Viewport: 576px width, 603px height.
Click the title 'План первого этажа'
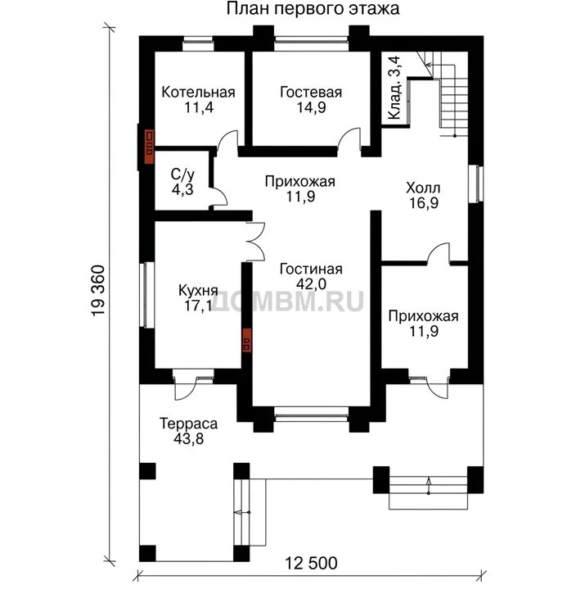(313, 8)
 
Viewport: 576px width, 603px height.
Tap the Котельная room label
(198, 93)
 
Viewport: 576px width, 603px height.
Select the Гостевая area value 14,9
(311, 107)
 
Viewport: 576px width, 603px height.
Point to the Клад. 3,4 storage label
(394, 88)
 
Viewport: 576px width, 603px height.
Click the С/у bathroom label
(182, 175)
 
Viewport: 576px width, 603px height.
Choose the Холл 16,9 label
(424, 195)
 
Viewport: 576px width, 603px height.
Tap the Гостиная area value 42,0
(311, 284)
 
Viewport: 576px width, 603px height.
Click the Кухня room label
(198, 290)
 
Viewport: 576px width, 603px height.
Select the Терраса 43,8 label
(188, 431)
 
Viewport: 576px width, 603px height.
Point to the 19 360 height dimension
(98, 291)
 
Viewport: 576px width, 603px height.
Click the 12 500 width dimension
(311, 564)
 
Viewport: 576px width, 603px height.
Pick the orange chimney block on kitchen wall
(246, 340)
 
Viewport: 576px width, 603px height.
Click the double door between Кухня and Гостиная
(255, 242)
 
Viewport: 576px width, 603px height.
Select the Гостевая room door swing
(349, 138)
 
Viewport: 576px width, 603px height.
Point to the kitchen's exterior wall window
(146, 295)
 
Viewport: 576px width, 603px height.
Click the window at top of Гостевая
(312, 43)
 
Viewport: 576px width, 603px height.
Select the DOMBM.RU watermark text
(287, 301)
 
